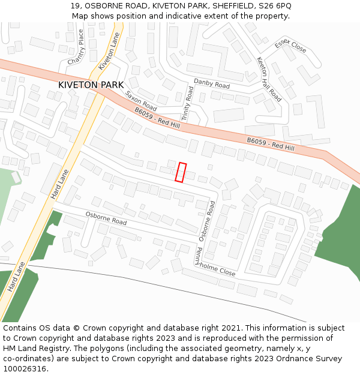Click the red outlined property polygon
tap(181, 172)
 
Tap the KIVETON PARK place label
tap(91, 85)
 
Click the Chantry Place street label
tap(77, 48)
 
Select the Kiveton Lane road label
tap(109, 50)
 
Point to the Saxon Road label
tap(141, 100)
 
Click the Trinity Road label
tap(188, 104)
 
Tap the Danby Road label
tap(211, 85)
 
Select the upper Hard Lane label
tap(60, 184)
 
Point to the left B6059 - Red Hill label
tap(157, 118)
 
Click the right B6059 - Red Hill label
tap(271, 144)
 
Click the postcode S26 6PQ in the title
tap(275, 6)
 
